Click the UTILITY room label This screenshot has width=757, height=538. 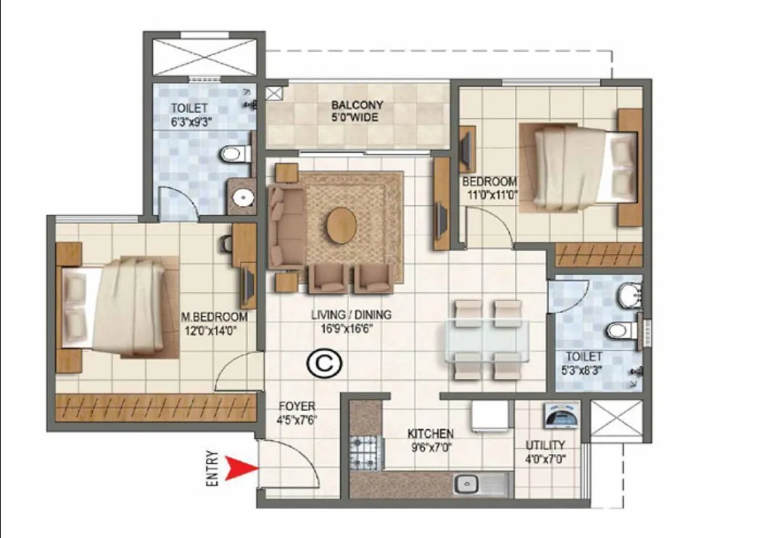coord(545,444)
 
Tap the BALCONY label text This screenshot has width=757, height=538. coord(357,105)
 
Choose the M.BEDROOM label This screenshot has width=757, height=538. coord(214,318)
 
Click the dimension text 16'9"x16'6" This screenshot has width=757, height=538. coord(351,328)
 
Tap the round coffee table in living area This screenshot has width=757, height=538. coord(341,225)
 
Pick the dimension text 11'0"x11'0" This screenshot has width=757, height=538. coord(490,194)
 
